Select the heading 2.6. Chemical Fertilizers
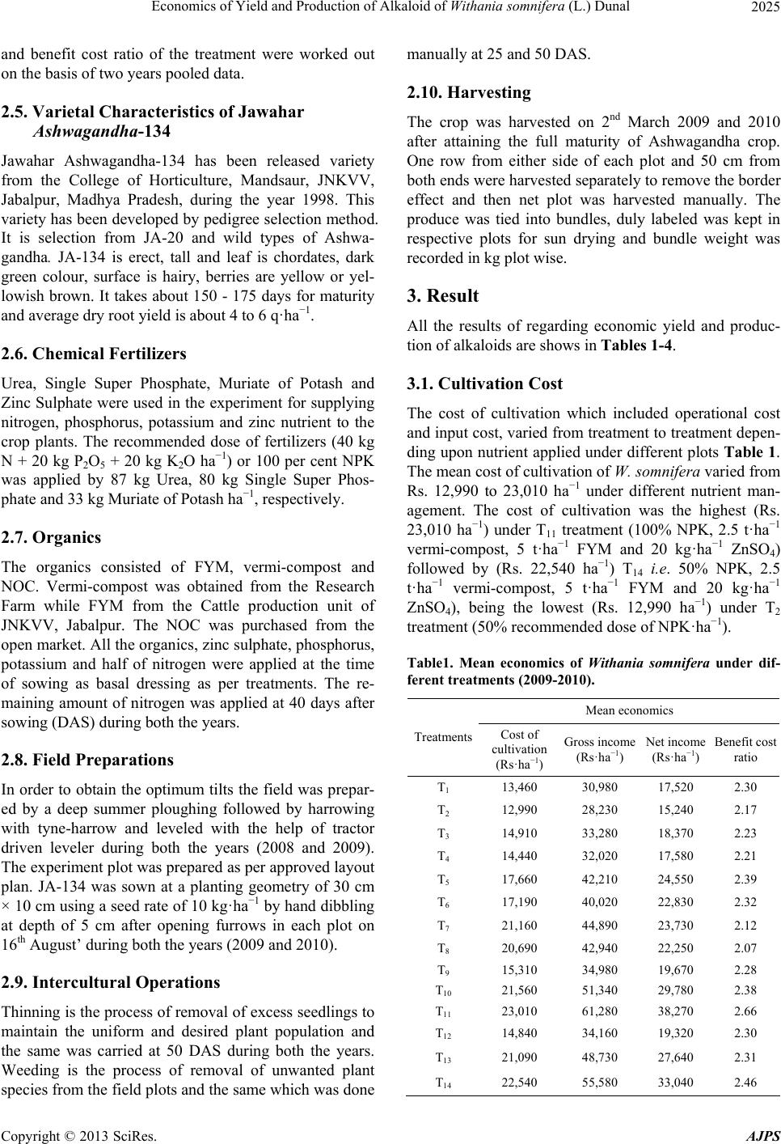pos(93,354)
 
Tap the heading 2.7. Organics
pos(50,537)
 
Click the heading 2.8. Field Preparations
pos(87,760)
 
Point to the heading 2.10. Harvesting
pos(468,92)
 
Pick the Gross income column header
pos(598,748)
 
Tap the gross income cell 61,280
pos(599,1011)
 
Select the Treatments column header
pos(443,737)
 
